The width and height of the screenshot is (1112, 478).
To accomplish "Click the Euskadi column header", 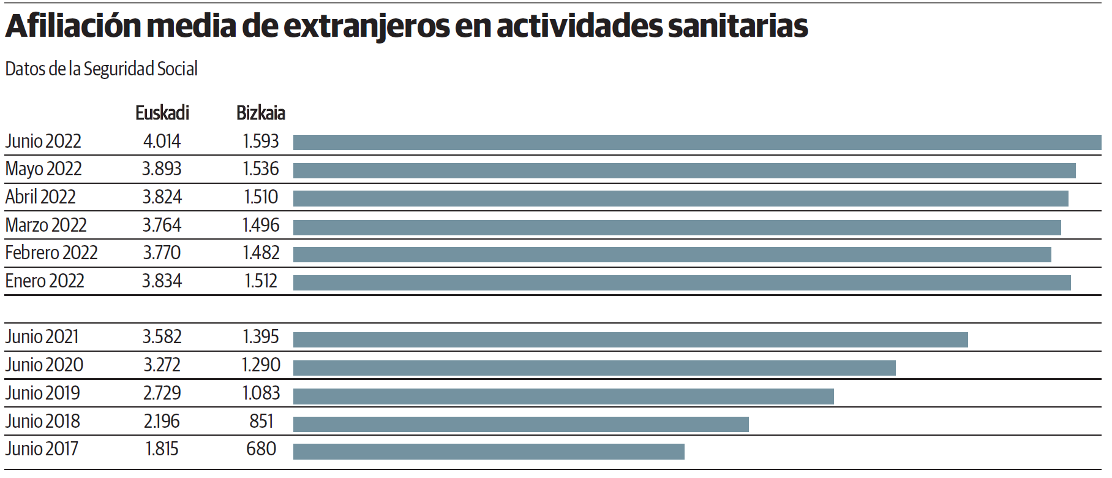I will pos(162,113).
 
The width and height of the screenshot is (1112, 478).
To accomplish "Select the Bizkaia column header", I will pos(261,113).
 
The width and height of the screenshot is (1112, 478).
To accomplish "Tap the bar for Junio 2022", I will pos(697,143).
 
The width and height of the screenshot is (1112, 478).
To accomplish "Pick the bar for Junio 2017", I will pos(489,452).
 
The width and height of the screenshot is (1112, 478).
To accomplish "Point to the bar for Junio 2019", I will pos(563,396).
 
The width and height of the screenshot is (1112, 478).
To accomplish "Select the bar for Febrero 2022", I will pos(672,254).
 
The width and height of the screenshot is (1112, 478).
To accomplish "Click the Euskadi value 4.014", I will pos(162,142).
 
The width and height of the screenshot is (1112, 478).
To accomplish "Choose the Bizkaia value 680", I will pos(261,449).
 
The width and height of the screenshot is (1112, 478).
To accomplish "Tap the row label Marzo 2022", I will pos(46,226).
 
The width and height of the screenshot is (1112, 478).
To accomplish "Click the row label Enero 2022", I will pos(45,281).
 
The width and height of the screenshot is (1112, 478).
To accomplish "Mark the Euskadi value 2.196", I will pos(162,422).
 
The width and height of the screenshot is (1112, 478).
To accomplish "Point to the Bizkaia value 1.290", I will pos(261,365).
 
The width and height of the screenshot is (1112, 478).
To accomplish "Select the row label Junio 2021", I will pos(42,337).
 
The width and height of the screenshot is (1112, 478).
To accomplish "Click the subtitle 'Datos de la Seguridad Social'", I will pos(102,69).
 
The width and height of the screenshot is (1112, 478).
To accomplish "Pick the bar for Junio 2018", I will pos(520,424).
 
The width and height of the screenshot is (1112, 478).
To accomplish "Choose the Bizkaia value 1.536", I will pos(261,169).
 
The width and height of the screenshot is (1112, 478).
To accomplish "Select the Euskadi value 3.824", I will pos(162,197).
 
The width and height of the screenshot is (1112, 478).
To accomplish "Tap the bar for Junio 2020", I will pos(594,368).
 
